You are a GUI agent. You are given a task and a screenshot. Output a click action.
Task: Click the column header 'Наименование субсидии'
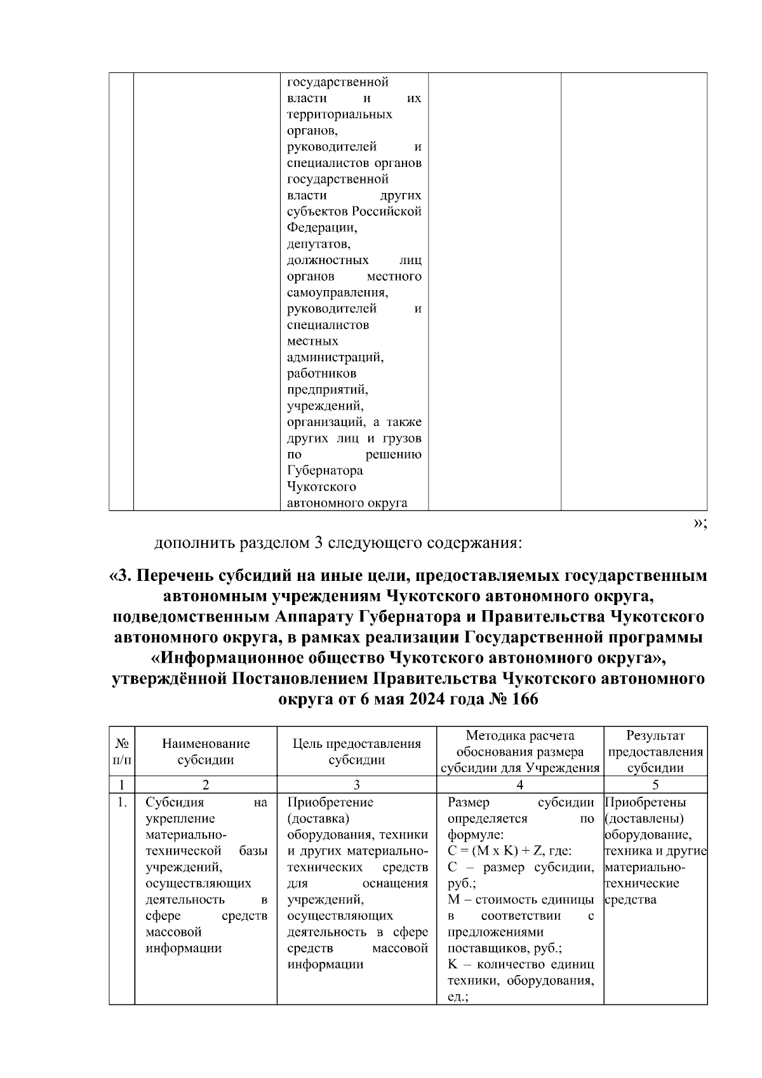(206, 751)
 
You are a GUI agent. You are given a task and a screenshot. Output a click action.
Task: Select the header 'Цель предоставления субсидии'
(356, 751)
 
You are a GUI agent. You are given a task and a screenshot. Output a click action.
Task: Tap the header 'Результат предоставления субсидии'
(655, 751)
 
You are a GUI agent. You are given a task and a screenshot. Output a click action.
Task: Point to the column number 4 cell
(519, 785)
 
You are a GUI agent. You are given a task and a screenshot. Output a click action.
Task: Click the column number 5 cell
(655, 785)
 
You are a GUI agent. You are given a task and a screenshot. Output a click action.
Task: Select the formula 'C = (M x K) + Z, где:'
(509, 851)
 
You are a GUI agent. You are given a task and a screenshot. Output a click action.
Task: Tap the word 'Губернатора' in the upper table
(324, 470)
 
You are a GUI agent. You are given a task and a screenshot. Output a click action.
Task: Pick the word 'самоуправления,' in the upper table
(337, 293)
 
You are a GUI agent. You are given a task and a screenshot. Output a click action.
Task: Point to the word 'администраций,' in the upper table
(335, 357)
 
